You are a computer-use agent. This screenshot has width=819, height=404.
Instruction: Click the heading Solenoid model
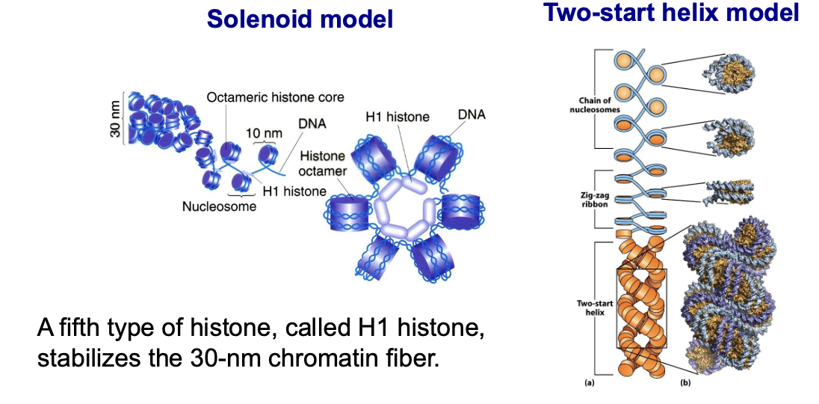[x=300, y=19]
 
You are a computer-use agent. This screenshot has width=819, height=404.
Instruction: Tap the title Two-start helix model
[x=672, y=13]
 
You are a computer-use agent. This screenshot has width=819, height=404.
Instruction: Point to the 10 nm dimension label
[x=265, y=132]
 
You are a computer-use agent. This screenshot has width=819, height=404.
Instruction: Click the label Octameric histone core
[x=275, y=97]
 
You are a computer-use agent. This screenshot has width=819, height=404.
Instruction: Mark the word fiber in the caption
[x=404, y=357]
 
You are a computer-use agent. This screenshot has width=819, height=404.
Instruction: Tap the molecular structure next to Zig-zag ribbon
[x=729, y=193]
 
